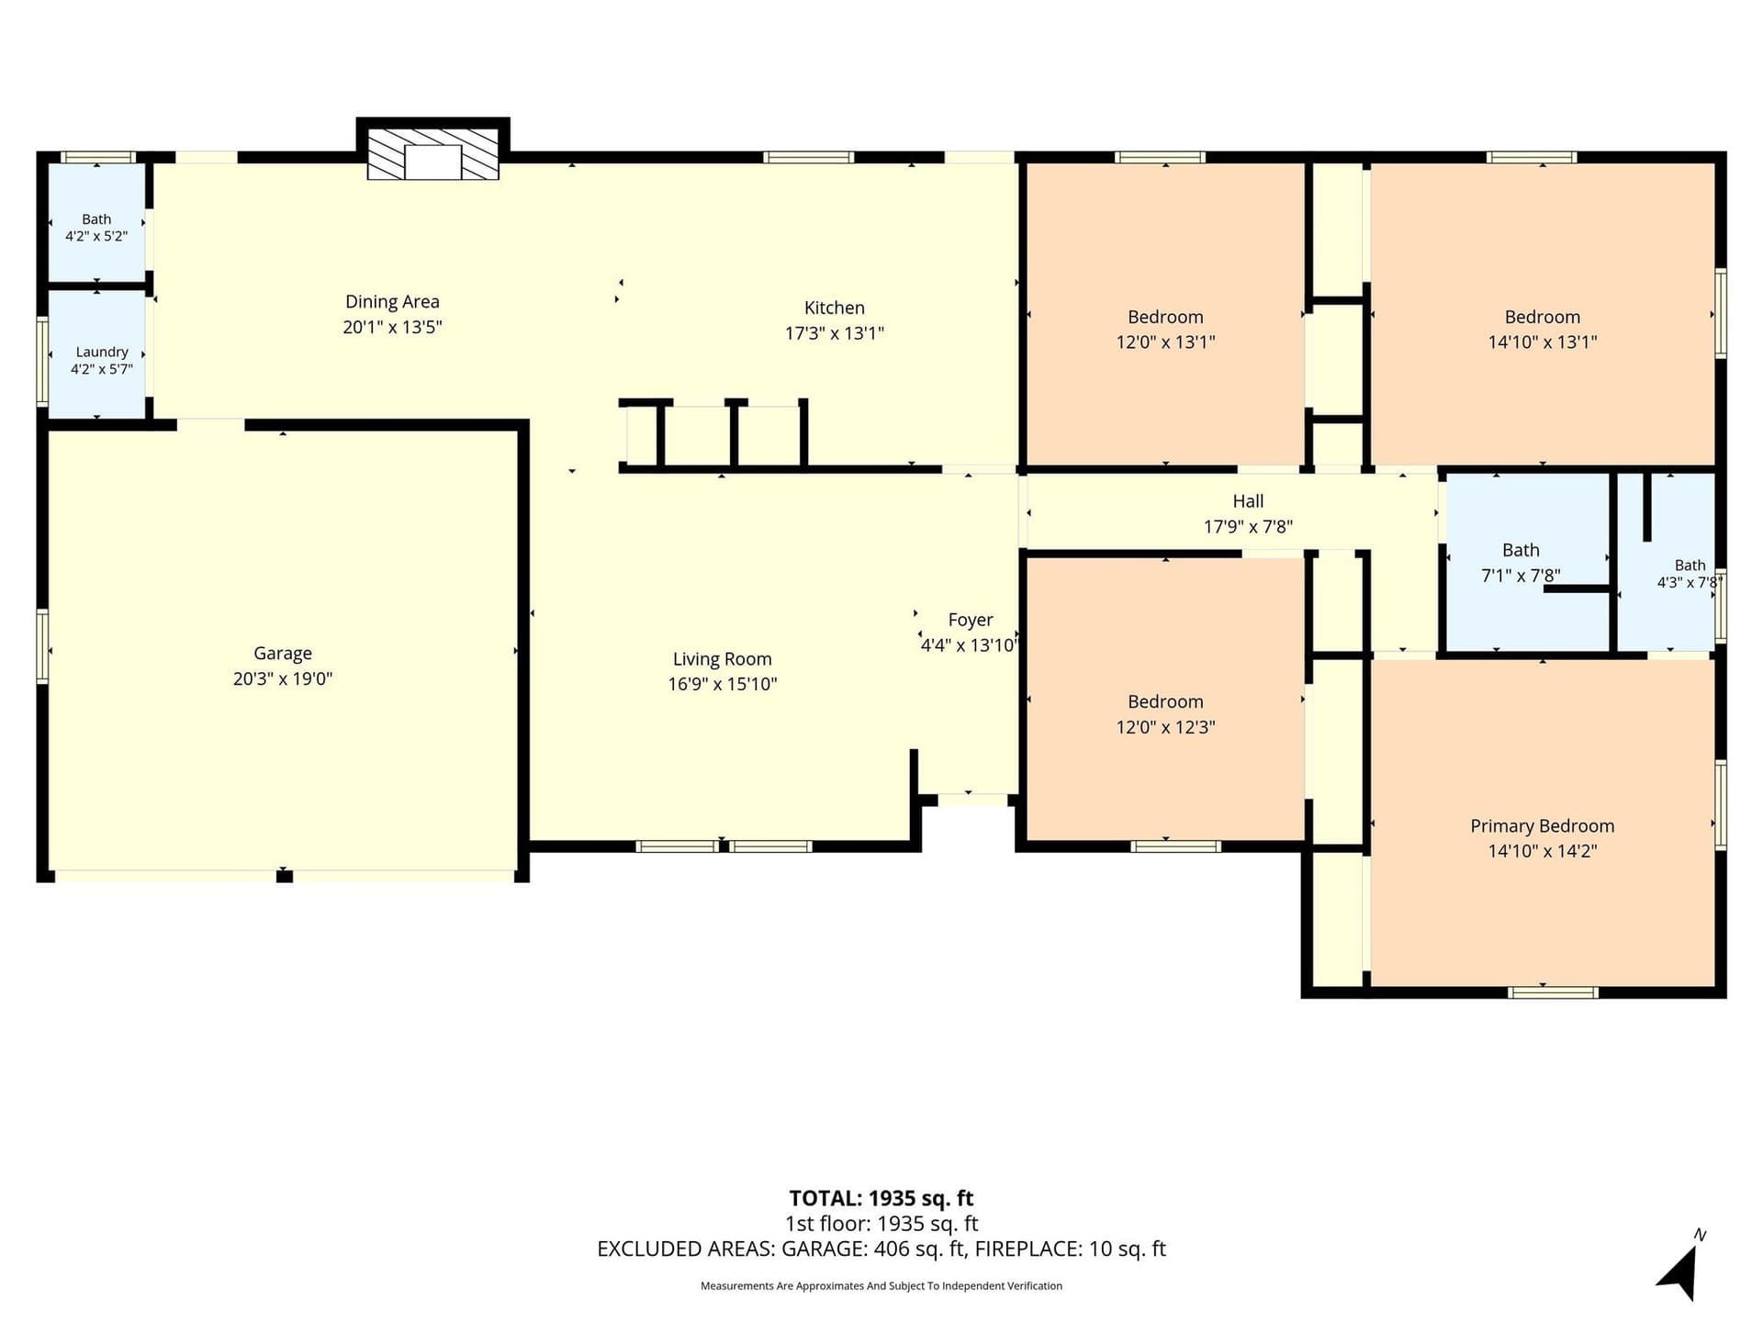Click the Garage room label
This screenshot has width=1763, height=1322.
click(283, 654)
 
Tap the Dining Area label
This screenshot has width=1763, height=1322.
click(392, 301)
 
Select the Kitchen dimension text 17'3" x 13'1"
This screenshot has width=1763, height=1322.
click(834, 333)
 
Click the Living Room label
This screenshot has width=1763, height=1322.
click(722, 659)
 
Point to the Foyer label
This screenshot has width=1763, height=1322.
click(971, 620)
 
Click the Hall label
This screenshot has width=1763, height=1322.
click(1248, 501)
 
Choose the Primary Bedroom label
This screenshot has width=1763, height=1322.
click(1542, 826)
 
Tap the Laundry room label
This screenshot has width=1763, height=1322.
click(102, 352)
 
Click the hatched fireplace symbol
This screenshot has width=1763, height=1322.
click(433, 153)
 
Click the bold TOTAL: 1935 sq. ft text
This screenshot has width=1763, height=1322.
click(881, 1198)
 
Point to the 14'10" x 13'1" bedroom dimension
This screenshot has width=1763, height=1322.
click(1543, 342)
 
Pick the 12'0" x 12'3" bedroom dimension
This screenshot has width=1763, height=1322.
click(1165, 727)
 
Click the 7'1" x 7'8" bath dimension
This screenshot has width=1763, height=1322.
click(1521, 576)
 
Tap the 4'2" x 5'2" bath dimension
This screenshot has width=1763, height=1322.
click(96, 236)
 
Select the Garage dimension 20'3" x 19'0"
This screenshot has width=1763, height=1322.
click(283, 679)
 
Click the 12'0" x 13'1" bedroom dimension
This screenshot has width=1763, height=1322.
click(1165, 342)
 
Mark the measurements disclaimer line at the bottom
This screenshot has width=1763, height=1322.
click(881, 1285)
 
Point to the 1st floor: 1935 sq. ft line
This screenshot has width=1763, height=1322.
click(881, 1224)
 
